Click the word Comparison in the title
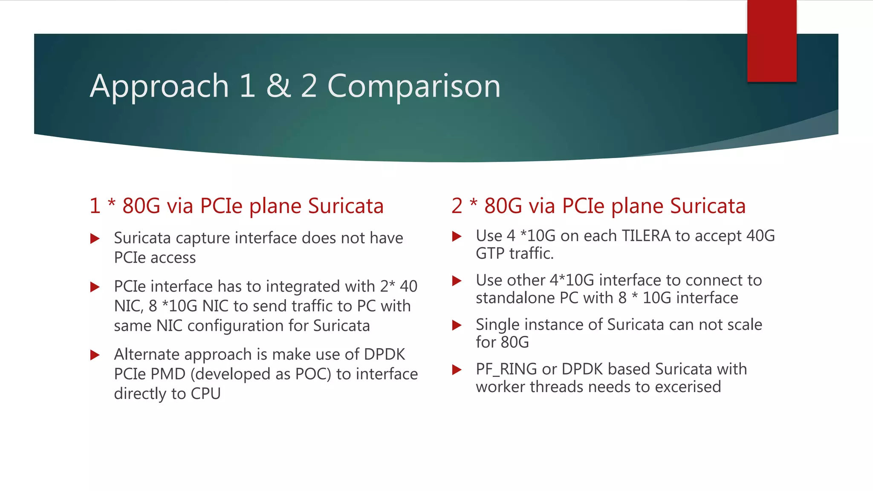coord(413,87)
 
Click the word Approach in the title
coord(159,87)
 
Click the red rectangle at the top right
coord(772,40)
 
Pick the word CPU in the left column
coord(205,393)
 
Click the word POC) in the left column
coord(313,374)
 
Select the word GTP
coord(490,254)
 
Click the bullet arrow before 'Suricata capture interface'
coord(95,239)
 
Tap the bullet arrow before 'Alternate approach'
coord(95,355)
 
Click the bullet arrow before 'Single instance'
coord(457,326)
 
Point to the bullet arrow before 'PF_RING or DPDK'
coord(457,370)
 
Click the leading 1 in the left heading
coord(95,206)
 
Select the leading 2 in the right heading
coord(457,206)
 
